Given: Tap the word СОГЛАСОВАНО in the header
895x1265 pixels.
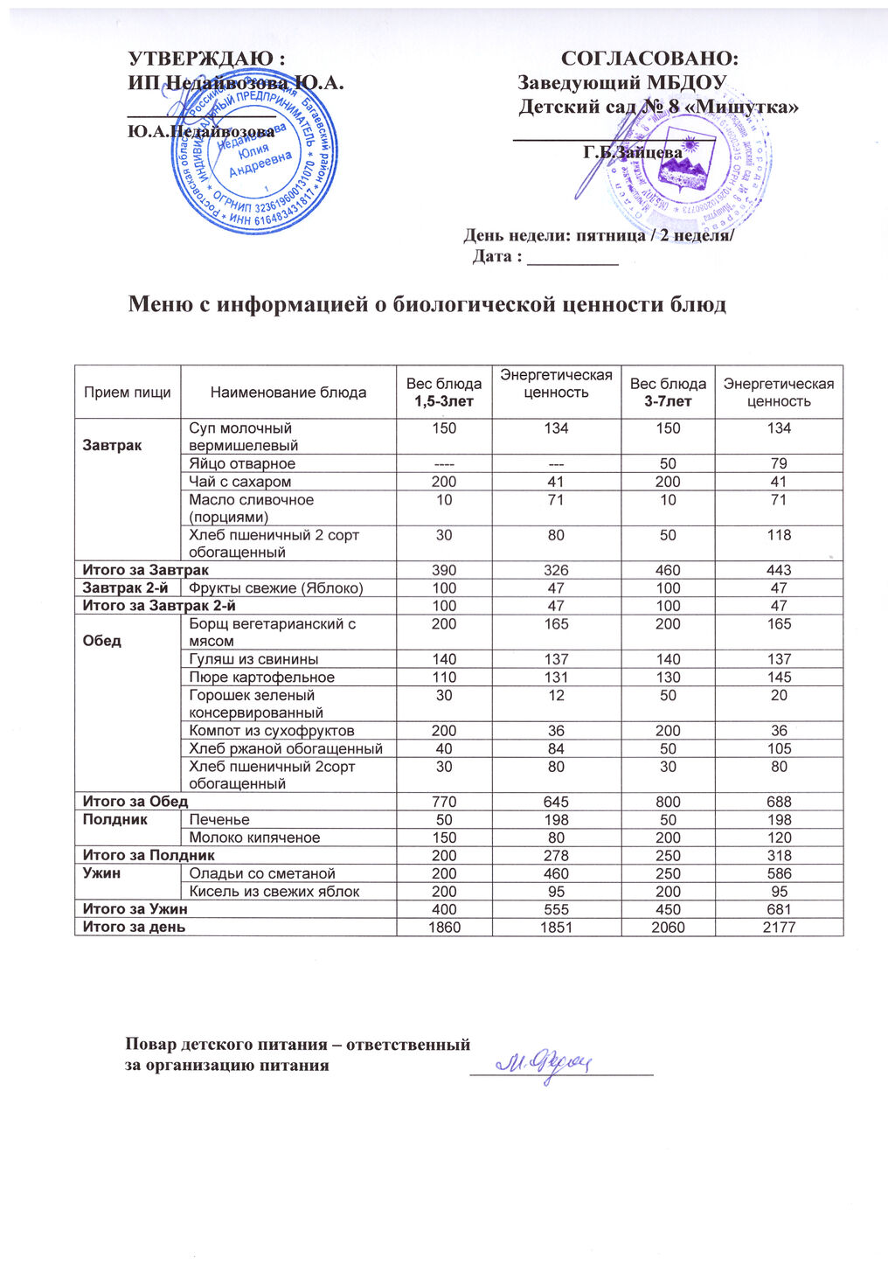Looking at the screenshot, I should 649,59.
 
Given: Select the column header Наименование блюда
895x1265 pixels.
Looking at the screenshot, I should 288,393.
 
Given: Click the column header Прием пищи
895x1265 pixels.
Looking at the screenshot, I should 128,393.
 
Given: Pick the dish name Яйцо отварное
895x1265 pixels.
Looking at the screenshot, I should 242,463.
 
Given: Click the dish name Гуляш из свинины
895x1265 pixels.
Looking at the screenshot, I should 253,659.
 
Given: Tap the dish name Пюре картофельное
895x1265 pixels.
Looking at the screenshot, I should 261,677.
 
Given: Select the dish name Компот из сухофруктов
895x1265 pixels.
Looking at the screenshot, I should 271,731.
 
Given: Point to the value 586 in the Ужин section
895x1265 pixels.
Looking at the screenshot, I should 779,873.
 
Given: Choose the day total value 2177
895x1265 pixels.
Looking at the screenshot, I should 779,927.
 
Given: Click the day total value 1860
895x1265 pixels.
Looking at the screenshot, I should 444,927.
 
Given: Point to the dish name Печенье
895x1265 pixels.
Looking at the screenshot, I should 219,820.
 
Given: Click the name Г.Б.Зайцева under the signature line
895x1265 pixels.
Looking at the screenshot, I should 633,152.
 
